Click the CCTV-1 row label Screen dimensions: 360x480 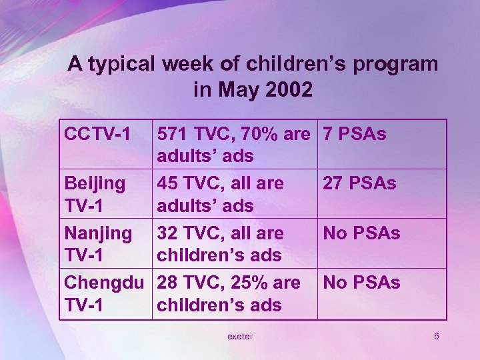tap(97, 134)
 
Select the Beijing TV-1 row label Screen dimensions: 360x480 tap(94, 194)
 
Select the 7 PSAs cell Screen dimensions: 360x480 tap(354, 134)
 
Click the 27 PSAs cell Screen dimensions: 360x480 tap(359, 183)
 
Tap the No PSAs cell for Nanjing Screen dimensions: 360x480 tap(361, 233)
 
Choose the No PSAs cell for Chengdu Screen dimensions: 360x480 tap(361, 283)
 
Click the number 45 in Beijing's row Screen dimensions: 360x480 tap(167, 183)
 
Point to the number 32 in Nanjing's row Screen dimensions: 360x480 tap(167, 233)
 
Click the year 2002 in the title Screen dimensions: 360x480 tap(285, 89)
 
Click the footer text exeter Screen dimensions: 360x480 tap(240, 336)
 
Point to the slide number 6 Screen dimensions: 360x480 tap(436, 336)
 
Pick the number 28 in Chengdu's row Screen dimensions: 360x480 tap(167, 283)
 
